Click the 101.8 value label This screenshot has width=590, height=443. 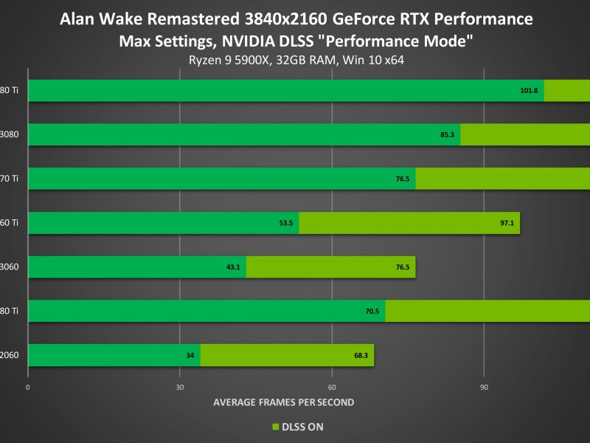pos(530,90)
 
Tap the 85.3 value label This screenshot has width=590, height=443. pos(447,134)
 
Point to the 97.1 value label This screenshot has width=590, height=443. pos(507,223)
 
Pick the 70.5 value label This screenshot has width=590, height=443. pos(372,312)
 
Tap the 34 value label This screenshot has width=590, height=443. pos(190,356)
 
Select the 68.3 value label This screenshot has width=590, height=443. pos(361,356)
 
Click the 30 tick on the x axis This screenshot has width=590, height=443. pos(180,387)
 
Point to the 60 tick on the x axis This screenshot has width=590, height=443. pos(332,387)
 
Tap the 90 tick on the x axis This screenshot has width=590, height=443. pos(484,387)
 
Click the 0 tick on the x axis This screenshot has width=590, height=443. pos(27,387)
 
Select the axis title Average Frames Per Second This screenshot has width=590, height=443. pos(284,402)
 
